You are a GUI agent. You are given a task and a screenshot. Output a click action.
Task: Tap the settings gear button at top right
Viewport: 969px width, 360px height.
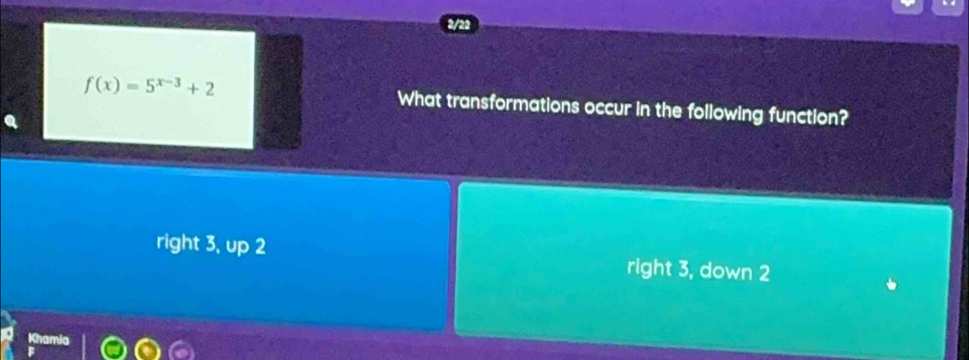tap(903, 8)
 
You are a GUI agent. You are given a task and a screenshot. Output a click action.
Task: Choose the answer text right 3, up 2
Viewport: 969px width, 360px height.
tap(210, 244)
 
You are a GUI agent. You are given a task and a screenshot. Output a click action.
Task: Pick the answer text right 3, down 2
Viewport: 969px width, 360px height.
tap(698, 272)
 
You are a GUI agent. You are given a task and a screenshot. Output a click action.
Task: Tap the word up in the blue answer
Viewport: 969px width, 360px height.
tap(239, 246)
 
